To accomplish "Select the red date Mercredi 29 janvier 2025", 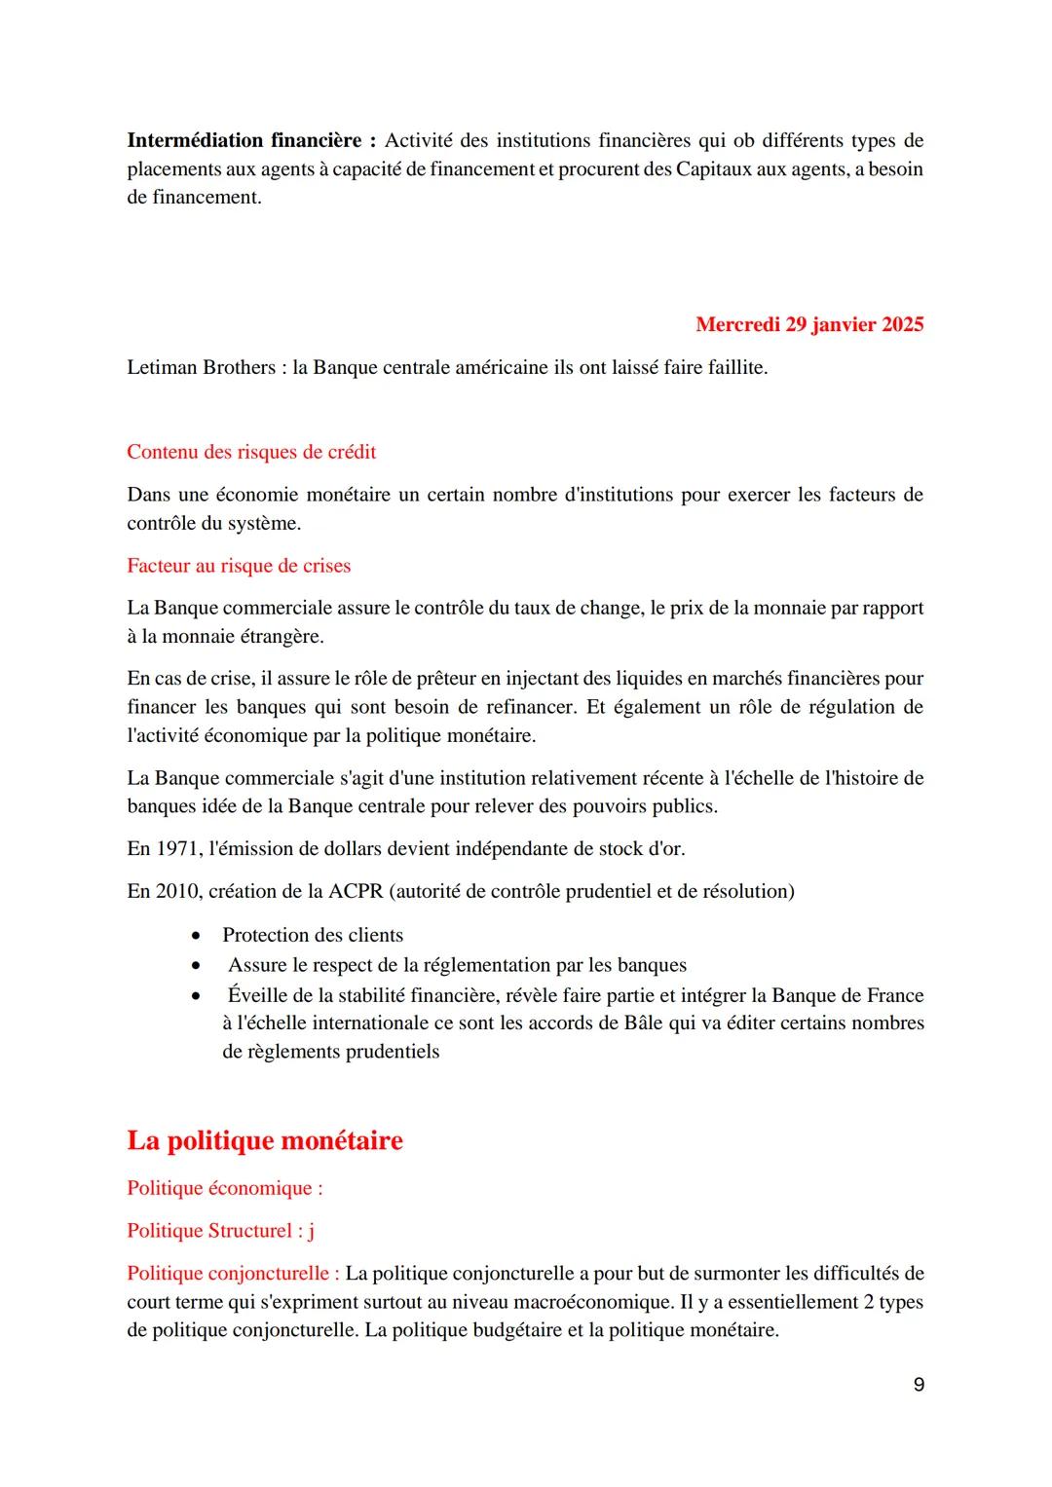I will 809,324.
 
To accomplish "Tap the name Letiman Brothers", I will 201,368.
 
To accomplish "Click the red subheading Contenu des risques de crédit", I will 251,452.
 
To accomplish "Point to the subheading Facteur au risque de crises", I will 239,566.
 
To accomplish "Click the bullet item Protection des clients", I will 313,935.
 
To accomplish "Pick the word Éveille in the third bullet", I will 257,995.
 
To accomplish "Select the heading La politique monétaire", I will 265,1140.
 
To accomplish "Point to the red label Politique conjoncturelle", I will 233,1274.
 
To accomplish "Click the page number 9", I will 919,1385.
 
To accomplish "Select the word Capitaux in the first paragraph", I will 715,169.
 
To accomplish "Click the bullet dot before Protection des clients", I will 197,936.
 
